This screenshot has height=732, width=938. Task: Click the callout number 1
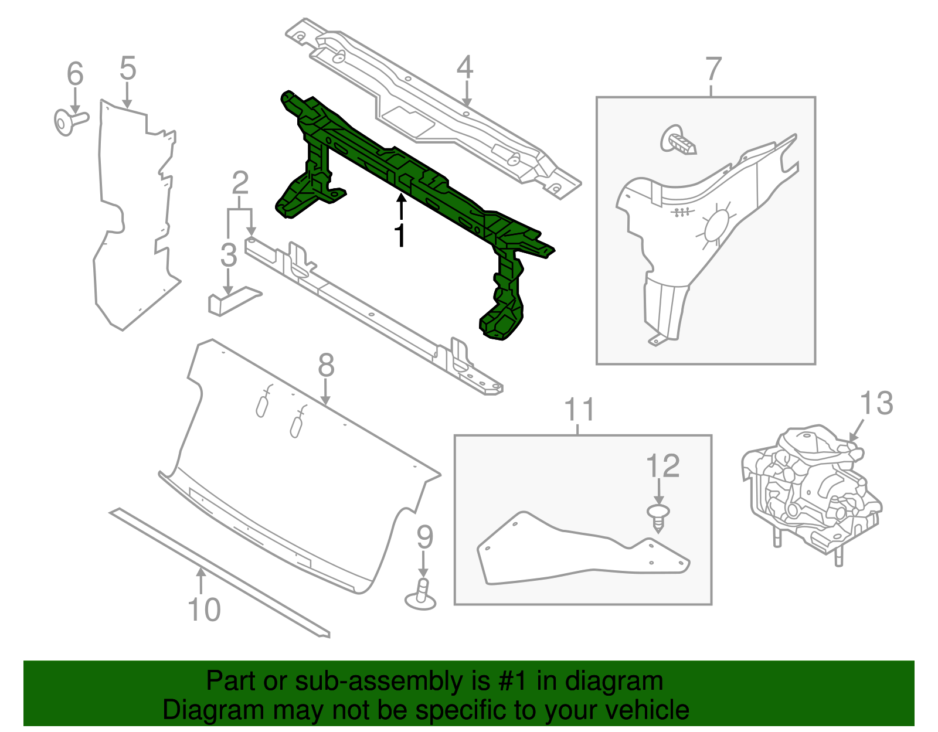point(400,236)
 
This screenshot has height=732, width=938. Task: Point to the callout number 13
point(876,404)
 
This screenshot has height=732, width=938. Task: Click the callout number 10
point(204,610)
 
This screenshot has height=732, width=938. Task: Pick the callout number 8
point(326,366)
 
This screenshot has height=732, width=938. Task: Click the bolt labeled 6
point(69,121)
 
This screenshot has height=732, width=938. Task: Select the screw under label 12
point(658,517)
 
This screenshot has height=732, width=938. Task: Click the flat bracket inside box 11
point(580,551)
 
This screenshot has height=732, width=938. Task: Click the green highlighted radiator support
point(410,188)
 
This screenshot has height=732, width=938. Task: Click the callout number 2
point(240,183)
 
